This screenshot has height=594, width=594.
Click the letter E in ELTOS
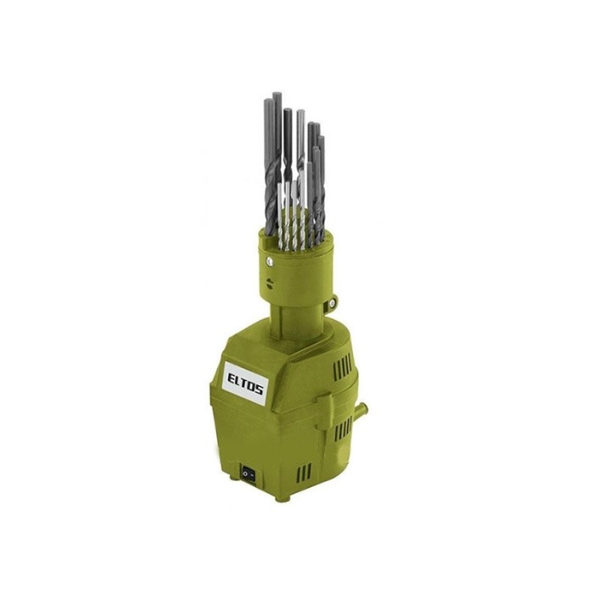(x=233, y=378)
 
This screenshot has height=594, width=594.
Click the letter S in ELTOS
(x=259, y=389)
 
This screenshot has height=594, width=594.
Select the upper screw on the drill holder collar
(x=269, y=261)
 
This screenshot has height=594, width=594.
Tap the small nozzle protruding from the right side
(x=362, y=409)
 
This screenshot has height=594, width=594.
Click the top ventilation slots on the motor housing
(x=342, y=367)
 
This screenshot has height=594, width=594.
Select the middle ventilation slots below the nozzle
(x=343, y=431)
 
